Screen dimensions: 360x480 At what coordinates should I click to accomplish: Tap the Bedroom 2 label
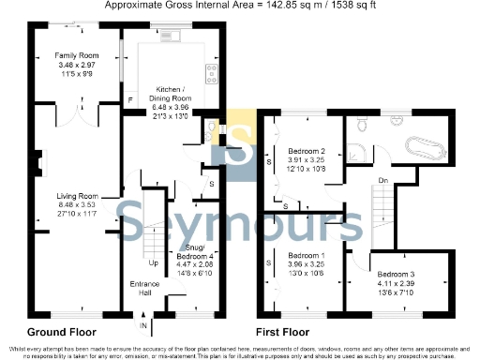click(x=306, y=151)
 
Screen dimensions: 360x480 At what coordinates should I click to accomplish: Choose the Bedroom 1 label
click(x=306, y=256)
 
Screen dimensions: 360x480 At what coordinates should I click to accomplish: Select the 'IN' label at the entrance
click(x=142, y=326)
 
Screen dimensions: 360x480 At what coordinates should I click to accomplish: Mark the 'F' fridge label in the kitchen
click(x=130, y=97)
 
